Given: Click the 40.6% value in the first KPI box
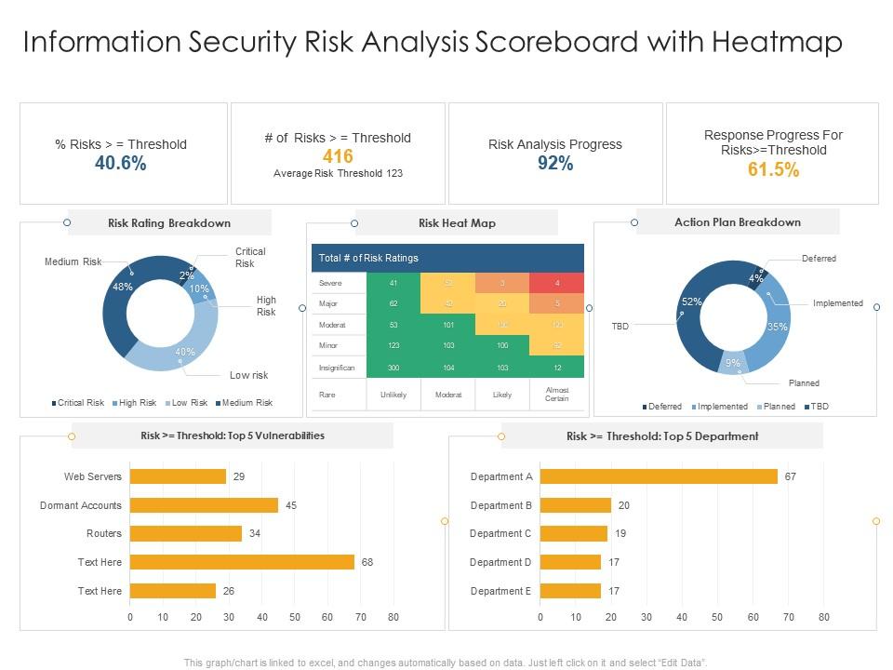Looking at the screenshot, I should tap(121, 164).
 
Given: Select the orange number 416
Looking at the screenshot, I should tap(338, 157).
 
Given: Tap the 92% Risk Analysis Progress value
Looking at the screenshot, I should tap(555, 164).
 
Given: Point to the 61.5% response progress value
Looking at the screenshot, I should tap(773, 169).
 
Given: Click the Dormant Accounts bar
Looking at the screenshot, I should tap(204, 505).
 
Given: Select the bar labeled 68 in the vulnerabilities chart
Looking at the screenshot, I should tap(242, 562).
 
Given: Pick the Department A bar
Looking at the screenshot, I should tap(659, 476).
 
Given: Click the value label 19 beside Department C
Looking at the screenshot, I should tap(621, 533).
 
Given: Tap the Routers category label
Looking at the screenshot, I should tap(104, 533).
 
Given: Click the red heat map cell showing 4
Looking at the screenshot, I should tap(557, 283).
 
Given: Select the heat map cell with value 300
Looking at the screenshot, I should tap(393, 368).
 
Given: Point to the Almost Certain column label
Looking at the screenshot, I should tap(557, 394).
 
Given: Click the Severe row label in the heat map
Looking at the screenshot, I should tap(331, 283).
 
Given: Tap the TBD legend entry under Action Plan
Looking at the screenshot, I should tap(817, 407).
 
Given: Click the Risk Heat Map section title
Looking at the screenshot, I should tap(457, 223).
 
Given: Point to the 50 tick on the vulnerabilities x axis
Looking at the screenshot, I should tap(295, 617).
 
